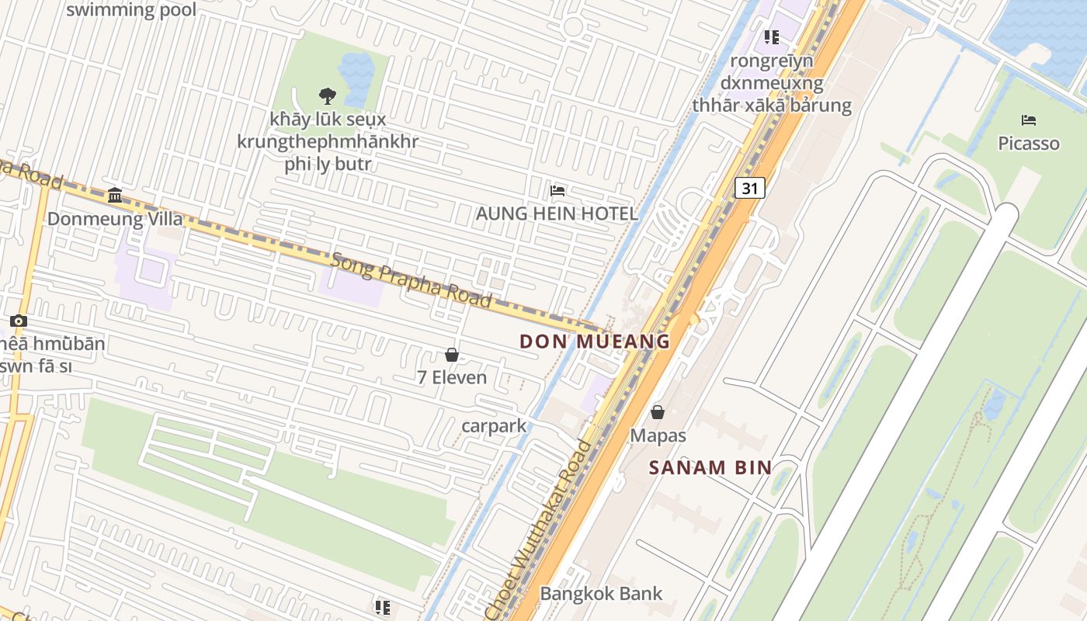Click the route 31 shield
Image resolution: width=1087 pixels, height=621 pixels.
[x=749, y=188]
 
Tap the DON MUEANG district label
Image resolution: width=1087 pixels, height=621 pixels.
[x=595, y=341]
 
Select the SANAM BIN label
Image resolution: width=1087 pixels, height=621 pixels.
[x=710, y=467]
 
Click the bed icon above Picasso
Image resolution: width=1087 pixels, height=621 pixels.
[x=1029, y=120]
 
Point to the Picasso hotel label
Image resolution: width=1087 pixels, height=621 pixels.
[x=1029, y=144]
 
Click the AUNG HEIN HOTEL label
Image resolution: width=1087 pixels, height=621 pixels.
[x=557, y=213]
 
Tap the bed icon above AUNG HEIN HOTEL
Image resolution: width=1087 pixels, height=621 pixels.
[x=557, y=191]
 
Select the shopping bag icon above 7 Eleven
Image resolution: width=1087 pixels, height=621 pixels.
[x=452, y=355]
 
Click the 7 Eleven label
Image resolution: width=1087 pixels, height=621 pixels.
[x=452, y=378]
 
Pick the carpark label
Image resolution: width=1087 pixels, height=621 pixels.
[x=494, y=426]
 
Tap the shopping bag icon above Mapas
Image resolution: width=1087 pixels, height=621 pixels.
[x=658, y=412]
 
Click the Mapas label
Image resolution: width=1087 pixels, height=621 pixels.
[x=658, y=435]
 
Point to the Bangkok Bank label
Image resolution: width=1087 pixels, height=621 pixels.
[x=601, y=594]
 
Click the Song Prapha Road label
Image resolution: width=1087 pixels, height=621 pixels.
[x=412, y=279]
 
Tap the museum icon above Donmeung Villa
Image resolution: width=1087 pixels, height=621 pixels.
[x=116, y=195]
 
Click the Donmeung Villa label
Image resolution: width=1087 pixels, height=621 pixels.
[x=116, y=219]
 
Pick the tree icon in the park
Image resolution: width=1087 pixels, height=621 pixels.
[x=328, y=95]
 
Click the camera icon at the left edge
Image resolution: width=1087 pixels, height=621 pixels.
[x=19, y=321]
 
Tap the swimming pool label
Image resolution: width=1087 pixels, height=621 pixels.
[x=131, y=10]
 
